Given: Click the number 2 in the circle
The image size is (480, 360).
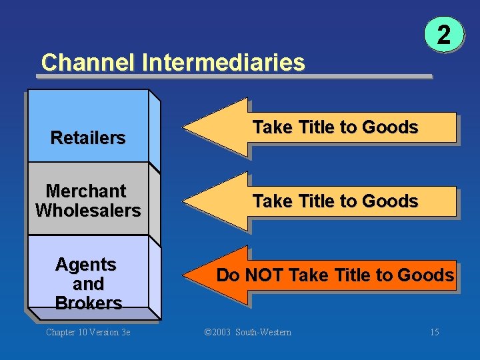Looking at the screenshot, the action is click(x=443, y=35).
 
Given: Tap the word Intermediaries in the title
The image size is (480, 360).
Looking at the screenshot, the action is click(x=223, y=63).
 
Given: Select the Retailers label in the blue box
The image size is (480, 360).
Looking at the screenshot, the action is click(x=88, y=138).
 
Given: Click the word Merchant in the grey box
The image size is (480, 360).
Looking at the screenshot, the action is click(x=86, y=191).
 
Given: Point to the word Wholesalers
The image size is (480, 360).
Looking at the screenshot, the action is click(x=88, y=211).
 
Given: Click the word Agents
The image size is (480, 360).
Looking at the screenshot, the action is click(x=86, y=265).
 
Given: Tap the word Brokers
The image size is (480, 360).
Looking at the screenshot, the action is click(x=89, y=303).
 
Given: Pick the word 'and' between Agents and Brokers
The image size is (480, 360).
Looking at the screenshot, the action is click(x=88, y=284).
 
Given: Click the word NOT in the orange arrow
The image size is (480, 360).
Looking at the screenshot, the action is click(x=266, y=275).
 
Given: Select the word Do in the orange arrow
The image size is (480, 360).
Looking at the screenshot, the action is click(x=228, y=275).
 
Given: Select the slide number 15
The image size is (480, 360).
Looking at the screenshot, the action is click(x=434, y=332).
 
